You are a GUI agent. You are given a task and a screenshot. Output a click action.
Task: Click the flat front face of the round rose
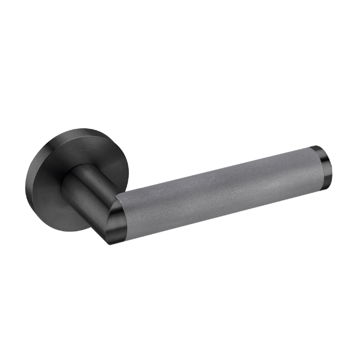78,155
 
